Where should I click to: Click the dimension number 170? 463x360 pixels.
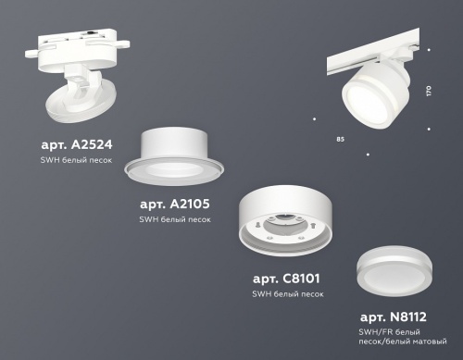pyautogui.click(x=427, y=92)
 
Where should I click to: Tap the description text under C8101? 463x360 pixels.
pyautogui.click(x=288, y=293)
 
